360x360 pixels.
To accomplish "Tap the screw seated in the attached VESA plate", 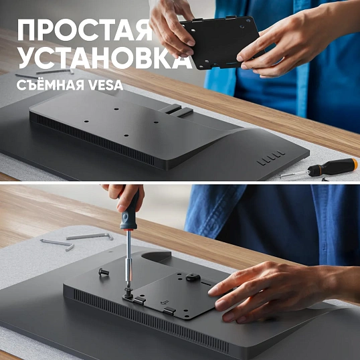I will click(x=191, y=277).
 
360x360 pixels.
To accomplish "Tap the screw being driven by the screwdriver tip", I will click(x=128, y=292).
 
